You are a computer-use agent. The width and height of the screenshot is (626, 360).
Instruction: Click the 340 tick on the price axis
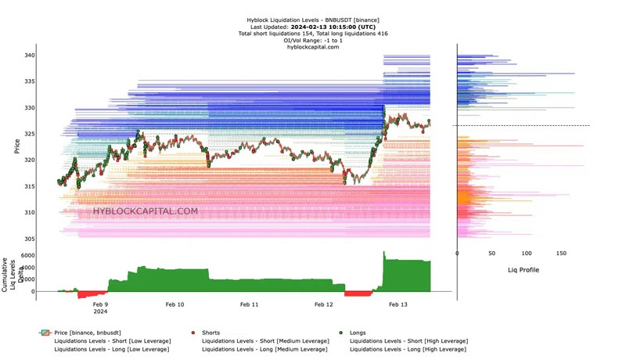(x=28, y=56)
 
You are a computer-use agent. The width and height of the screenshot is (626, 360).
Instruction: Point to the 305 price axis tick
(x=28, y=239)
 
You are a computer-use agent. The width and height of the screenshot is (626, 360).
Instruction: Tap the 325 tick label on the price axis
(x=28, y=134)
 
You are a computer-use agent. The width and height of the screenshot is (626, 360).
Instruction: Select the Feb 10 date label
(x=175, y=304)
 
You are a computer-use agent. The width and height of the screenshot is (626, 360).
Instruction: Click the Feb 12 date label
(x=324, y=304)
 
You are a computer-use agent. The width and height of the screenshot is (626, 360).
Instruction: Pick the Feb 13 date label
(x=398, y=304)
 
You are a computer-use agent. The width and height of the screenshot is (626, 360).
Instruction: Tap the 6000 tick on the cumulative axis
(x=27, y=256)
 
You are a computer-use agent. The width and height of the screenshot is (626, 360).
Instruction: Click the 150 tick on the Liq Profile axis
(x=561, y=254)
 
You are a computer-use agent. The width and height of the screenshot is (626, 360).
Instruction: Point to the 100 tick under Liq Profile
(x=527, y=254)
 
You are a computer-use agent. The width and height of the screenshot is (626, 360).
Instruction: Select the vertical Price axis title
(x=16, y=146)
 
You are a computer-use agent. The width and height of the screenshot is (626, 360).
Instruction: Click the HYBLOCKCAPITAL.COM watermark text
(x=146, y=211)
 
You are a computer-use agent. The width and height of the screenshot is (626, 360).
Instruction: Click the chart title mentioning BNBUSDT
(x=313, y=20)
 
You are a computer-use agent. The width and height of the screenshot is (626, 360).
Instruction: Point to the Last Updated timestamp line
(x=313, y=27)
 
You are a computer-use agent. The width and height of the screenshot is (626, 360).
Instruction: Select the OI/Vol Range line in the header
(x=313, y=41)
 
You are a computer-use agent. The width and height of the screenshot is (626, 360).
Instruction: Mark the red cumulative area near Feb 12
(x=358, y=293)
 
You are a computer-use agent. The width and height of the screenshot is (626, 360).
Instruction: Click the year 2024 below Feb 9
(x=100, y=311)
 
